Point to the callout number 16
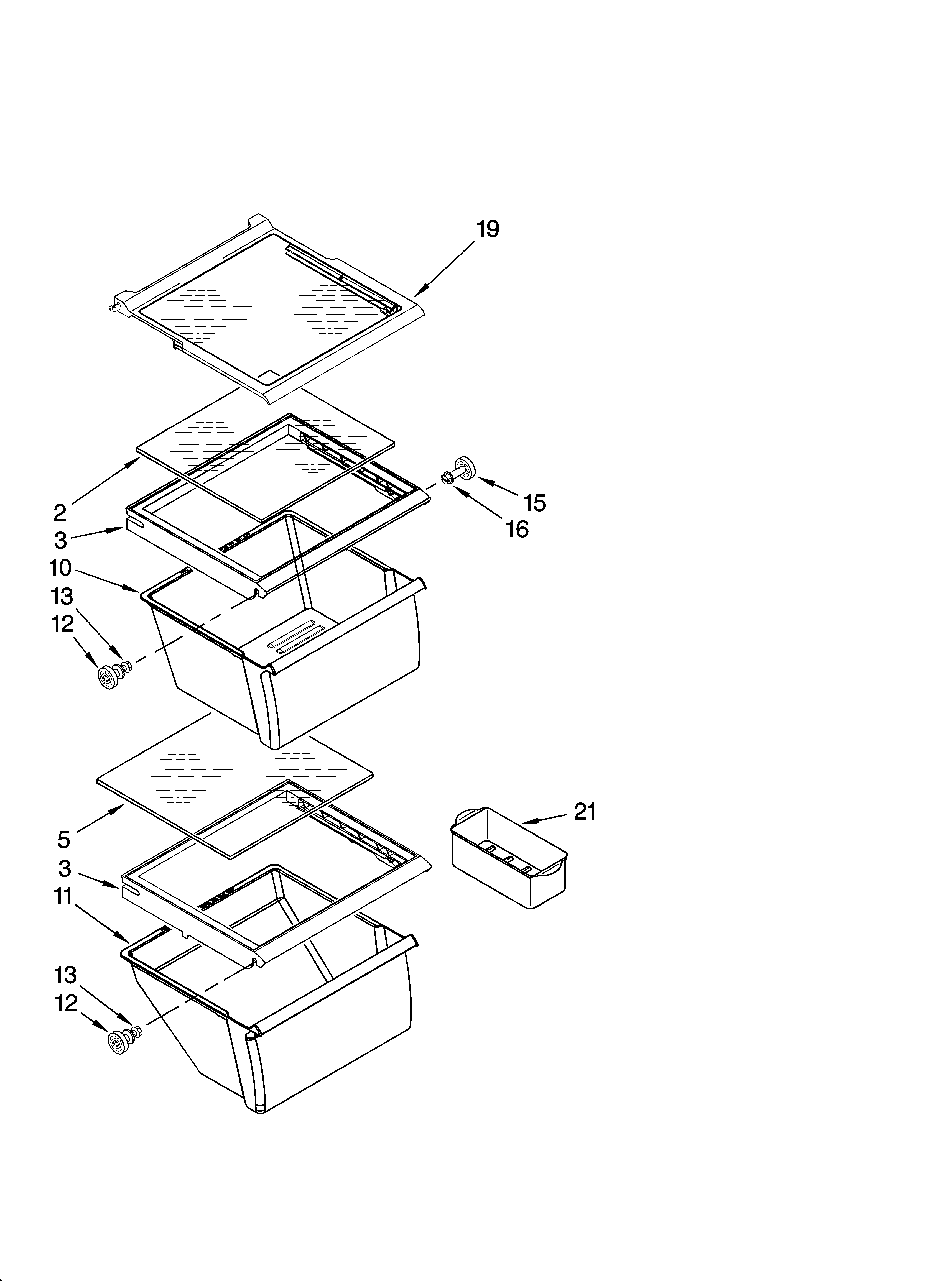517,530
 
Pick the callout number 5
64,840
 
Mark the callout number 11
64,896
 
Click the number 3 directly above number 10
60,541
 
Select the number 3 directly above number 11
64,868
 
